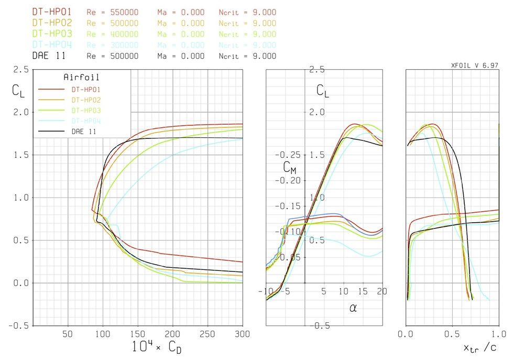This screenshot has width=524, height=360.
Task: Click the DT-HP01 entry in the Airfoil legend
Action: tap(86, 89)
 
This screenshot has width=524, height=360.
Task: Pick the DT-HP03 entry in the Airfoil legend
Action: tap(86, 110)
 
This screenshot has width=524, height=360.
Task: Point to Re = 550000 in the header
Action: tap(113, 12)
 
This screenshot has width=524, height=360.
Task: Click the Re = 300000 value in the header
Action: tap(113, 45)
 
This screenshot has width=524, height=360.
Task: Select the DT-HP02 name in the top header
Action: tap(52, 23)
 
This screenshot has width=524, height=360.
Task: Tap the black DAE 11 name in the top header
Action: tap(49, 56)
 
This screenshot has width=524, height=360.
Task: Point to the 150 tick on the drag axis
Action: tap(138, 334)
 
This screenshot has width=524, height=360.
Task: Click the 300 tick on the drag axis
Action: tap(236, 334)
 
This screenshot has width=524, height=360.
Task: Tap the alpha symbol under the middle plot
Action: tap(353, 308)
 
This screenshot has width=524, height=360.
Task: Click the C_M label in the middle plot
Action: tap(290, 167)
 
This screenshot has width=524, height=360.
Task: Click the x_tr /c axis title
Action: tap(480, 348)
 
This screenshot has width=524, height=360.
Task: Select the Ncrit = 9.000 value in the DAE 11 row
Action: tap(247, 56)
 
